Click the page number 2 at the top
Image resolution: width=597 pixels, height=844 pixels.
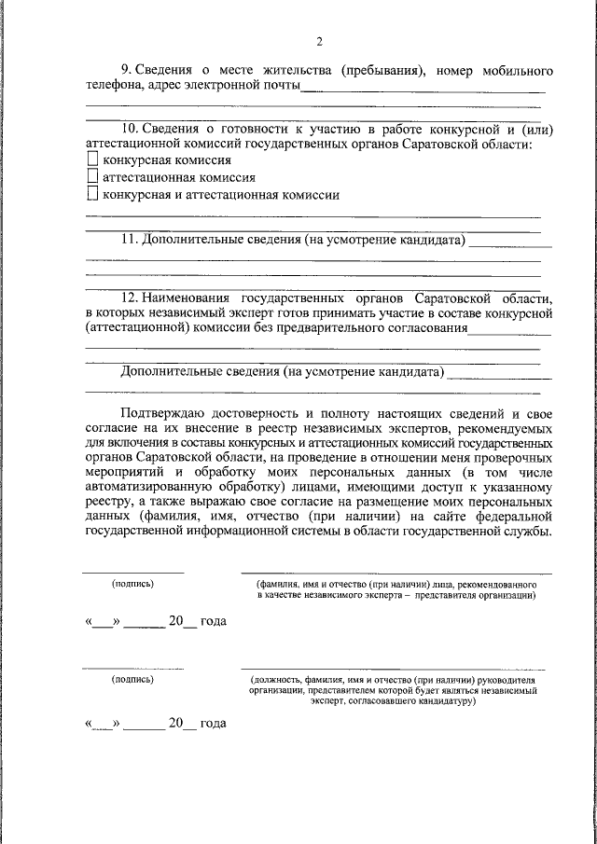(x=318, y=41)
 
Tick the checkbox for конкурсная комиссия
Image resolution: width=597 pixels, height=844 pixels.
(x=91, y=160)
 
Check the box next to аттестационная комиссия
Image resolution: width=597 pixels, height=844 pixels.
(x=91, y=177)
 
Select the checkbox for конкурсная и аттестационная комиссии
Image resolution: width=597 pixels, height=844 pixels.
(x=91, y=194)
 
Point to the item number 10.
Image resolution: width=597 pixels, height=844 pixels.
(x=130, y=129)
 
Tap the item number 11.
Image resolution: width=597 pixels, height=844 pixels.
(x=130, y=240)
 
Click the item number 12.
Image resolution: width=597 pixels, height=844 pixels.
(x=130, y=297)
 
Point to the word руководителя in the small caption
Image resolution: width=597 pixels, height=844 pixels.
(x=507, y=680)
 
